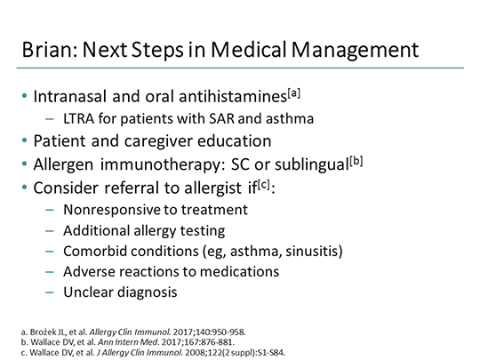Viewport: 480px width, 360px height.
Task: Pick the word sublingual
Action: [x=356, y=164]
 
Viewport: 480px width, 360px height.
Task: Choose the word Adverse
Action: [x=88, y=271]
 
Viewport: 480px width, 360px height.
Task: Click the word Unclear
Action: [x=87, y=292]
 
